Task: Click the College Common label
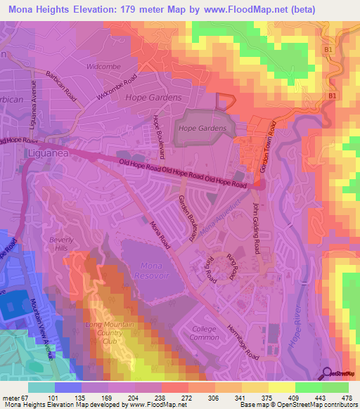205,333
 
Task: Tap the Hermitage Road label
243,342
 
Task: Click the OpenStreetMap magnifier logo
326,375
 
